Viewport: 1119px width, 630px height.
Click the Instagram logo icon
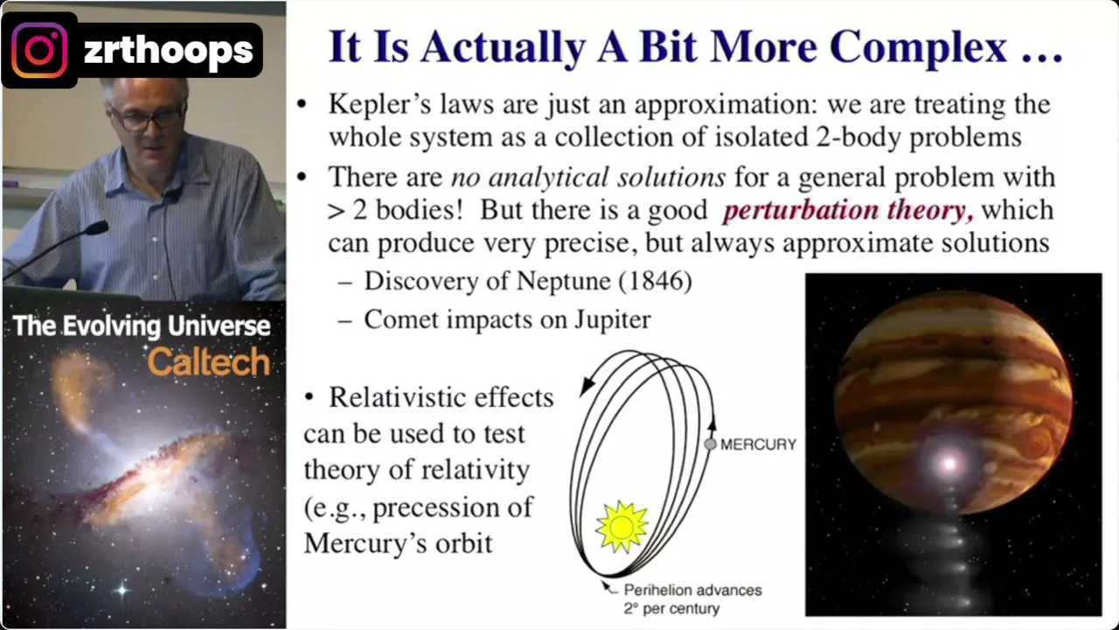[x=39, y=50]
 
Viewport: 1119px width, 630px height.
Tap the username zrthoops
[x=169, y=51]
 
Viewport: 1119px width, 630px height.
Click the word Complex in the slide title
[x=918, y=48]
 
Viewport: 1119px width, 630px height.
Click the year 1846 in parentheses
[x=656, y=281]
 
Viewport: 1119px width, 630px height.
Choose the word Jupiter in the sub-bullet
[x=612, y=320]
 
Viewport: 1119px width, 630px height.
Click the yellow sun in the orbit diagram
[x=622, y=527]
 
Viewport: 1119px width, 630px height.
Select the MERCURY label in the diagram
[x=758, y=444]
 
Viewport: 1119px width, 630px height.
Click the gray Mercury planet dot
[x=710, y=444]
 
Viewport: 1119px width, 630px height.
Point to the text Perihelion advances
[x=693, y=591]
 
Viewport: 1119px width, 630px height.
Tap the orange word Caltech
[x=209, y=362]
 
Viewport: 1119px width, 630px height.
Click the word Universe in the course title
[x=219, y=326]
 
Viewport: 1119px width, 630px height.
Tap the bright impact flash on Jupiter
[x=949, y=463]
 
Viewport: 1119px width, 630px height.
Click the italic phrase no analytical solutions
[x=588, y=178]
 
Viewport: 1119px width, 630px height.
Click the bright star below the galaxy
[x=122, y=591]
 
